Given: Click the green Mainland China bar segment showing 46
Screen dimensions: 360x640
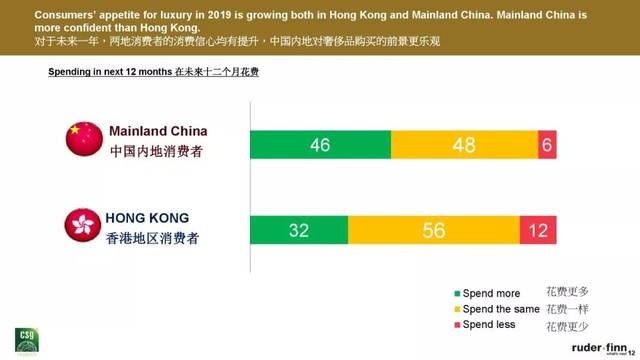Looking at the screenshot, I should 320,144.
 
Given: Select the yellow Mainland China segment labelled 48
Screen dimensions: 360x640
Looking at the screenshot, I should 464,144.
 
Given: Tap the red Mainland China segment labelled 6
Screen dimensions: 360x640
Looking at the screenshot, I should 547,144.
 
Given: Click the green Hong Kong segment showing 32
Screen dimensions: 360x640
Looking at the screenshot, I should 298,231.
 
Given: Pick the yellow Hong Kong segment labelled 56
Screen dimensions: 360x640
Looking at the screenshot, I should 433,231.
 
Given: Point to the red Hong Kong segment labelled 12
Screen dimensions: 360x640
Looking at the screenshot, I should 537,231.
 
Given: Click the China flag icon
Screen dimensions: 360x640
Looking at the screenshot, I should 84,139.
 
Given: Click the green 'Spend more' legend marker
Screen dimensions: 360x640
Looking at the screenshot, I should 458,293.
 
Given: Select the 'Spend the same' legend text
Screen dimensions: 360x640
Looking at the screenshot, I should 500,309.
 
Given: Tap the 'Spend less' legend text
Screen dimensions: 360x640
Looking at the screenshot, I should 492,326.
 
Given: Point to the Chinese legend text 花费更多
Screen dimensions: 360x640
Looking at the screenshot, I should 566,292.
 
